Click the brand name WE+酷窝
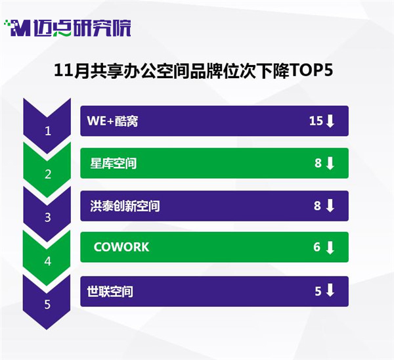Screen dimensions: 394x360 (x=112, y=121)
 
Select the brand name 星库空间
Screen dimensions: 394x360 (x=114, y=164)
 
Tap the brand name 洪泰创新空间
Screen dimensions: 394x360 (x=125, y=206)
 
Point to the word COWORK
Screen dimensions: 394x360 (x=121, y=247)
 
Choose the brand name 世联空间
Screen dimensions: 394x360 (x=110, y=292)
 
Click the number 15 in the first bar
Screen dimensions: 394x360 (x=316, y=121)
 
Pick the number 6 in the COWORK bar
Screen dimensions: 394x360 (x=317, y=247)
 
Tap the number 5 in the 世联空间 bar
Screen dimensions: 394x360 (x=318, y=291)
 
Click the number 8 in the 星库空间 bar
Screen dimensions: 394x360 (x=318, y=163)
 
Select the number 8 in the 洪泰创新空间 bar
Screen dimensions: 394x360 (x=317, y=206)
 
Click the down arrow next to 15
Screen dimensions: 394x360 (x=330, y=121)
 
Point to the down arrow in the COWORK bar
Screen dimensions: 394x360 (x=330, y=248)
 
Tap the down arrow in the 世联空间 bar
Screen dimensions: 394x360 (x=330, y=290)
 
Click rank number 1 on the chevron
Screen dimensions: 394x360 (x=48, y=131)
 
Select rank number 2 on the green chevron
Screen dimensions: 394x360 (x=48, y=174)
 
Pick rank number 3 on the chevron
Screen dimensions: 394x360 (x=48, y=217)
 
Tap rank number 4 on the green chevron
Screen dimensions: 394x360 (x=48, y=261)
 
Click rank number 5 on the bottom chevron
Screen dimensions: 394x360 (x=47, y=304)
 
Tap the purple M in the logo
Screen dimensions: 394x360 (x=21, y=28)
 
